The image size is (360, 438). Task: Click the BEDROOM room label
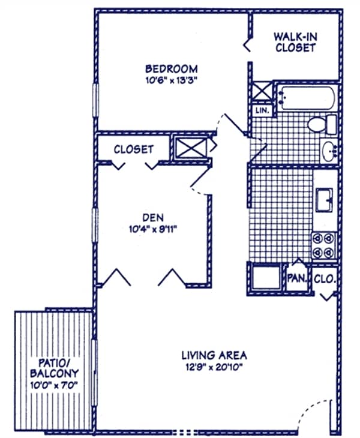tap(172, 68)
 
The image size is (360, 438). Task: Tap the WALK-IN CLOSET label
tap(295, 41)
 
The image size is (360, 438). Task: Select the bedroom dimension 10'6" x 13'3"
tap(172, 80)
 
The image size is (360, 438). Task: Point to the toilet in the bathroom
tap(323, 125)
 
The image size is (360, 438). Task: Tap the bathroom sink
tap(328, 150)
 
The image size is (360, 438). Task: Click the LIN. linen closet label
tap(262, 111)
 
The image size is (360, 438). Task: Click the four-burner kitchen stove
tap(323, 244)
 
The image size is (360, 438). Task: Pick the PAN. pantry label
tap(296, 278)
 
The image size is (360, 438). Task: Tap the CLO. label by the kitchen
tap(325, 278)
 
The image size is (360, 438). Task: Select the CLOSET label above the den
tap(133, 149)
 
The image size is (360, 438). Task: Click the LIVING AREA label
tap(215, 355)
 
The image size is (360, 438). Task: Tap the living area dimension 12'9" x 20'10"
tap(215, 367)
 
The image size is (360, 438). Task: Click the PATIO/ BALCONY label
tap(53, 367)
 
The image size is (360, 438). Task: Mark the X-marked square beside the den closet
tap(190, 148)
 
